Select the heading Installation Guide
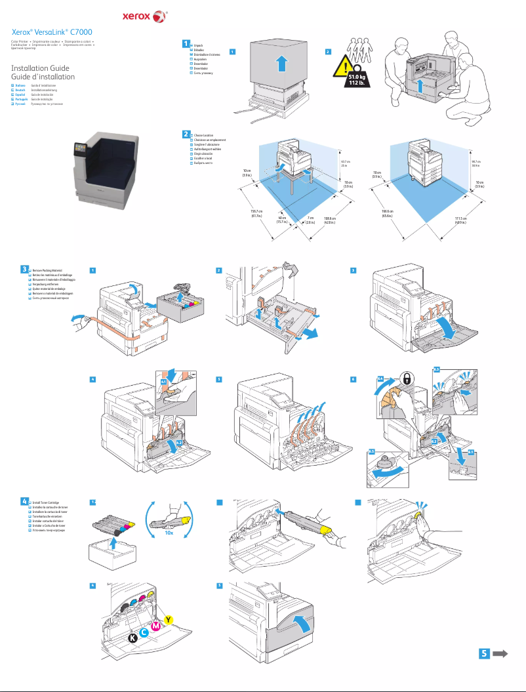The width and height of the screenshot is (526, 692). click(40, 68)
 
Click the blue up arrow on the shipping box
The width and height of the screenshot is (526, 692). click(281, 64)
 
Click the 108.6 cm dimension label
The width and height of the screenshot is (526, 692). click(329, 220)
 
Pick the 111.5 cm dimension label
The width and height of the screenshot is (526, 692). click(461, 220)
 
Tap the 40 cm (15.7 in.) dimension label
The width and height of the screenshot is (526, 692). click(283, 220)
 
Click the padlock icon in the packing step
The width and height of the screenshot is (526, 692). click(407, 379)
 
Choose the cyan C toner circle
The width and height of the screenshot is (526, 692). click(144, 632)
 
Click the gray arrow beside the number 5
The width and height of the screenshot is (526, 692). click(501, 653)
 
